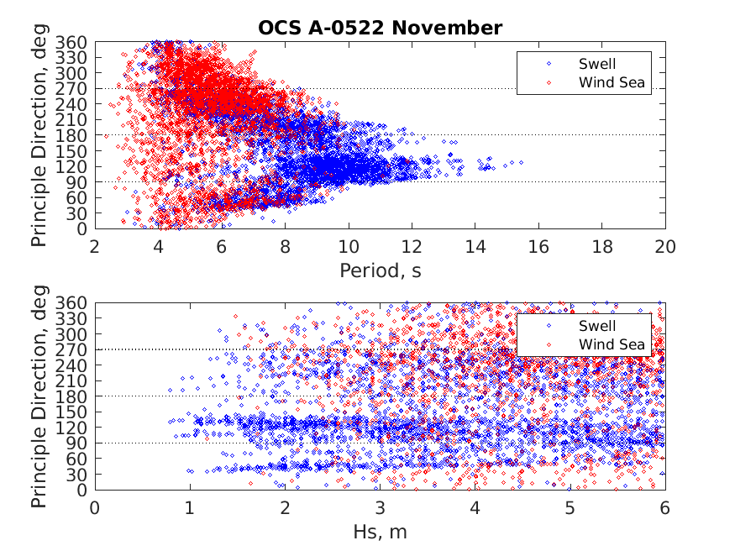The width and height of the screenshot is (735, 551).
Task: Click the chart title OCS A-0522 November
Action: tap(380, 28)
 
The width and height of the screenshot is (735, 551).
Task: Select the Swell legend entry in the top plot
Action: tap(596, 63)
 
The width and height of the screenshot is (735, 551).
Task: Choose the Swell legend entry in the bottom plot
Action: tap(596, 325)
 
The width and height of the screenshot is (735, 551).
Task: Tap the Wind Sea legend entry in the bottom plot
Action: tap(611, 344)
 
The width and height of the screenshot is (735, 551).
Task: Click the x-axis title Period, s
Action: tap(380, 270)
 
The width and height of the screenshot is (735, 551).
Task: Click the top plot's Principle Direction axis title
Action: tap(39, 135)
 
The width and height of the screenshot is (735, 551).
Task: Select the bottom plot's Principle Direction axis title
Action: tap(39, 396)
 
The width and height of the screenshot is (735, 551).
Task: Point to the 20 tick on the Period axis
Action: tap(665, 247)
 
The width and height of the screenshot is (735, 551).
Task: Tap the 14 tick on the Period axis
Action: tap(475, 247)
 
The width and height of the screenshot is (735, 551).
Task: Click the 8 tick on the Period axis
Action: tap(285, 247)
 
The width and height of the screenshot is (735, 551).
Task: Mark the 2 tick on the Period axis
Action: tap(95, 247)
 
